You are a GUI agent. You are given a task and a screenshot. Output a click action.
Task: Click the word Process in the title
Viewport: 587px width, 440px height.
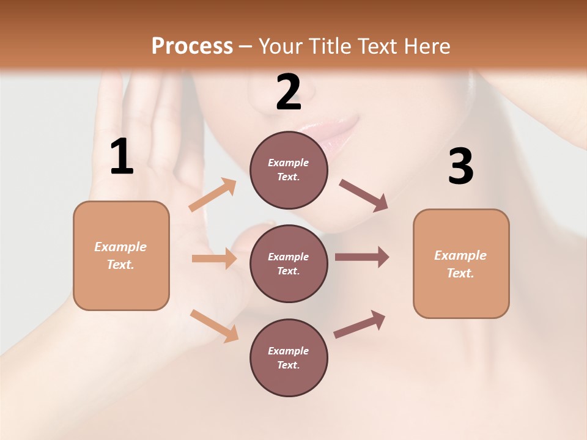click(192, 46)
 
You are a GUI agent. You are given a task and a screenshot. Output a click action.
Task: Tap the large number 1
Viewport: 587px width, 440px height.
click(122, 157)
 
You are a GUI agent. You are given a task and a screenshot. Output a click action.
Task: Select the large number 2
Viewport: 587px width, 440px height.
click(289, 92)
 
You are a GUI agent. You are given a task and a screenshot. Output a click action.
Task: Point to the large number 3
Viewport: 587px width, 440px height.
click(460, 166)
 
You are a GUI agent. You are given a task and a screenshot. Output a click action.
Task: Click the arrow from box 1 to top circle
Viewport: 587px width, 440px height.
click(213, 195)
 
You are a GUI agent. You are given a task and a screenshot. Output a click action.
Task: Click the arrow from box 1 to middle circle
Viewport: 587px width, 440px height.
click(214, 258)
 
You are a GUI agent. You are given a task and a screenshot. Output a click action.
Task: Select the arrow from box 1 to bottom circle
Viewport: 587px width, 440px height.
click(214, 326)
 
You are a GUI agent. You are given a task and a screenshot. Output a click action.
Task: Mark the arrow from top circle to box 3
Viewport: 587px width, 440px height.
click(363, 195)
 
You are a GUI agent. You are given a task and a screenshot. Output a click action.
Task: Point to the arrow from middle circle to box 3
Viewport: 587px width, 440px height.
click(361, 257)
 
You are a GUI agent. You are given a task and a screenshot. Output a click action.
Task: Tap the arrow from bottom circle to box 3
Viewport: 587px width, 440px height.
click(360, 324)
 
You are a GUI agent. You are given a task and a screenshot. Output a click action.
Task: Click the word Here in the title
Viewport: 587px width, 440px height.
click(427, 46)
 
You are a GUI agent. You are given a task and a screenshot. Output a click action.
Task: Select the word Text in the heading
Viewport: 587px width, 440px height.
click(377, 46)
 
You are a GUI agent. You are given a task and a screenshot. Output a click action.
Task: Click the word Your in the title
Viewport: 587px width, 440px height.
click(281, 46)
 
